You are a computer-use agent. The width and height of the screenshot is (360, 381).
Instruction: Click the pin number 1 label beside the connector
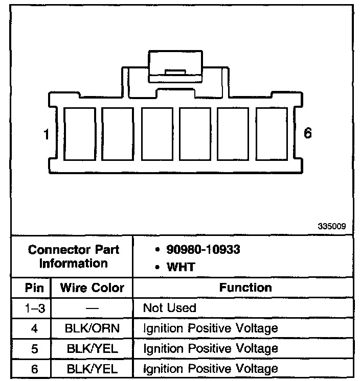(46, 135)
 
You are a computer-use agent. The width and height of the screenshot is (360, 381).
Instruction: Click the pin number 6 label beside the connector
(307, 134)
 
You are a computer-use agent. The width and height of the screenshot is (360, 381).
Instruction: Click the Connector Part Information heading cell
(74, 257)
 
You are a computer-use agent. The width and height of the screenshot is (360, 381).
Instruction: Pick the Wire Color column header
(92, 288)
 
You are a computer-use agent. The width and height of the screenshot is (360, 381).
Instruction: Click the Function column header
(245, 288)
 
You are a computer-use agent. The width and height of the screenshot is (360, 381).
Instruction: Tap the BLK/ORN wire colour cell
(92, 328)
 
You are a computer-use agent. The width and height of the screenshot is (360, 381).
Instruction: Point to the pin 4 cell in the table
(34, 328)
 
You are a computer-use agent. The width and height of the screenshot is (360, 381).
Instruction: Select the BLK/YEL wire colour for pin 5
(92, 348)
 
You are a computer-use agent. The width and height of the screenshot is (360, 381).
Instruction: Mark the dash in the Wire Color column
(92, 308)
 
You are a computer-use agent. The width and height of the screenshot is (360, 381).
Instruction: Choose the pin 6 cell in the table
(34, 369)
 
